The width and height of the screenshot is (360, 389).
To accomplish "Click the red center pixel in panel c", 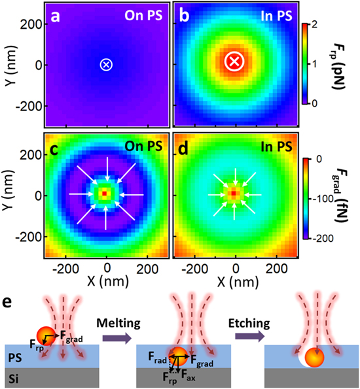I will (x=105, y=194).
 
